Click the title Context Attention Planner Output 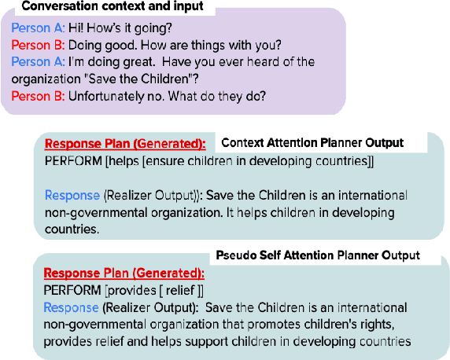pyautogui.click(x=312, y=143)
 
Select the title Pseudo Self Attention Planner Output pyautogui.click(x=318, y=255)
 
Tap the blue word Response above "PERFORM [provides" pyautogui.click(x=70, y=307)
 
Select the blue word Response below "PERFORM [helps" pyautogui.click(x=72, y=195)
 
